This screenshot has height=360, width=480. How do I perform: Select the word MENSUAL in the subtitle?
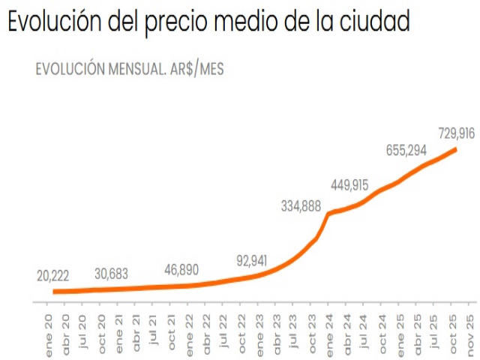pos(131,69)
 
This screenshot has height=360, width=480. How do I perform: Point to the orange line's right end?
pos(456,150)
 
